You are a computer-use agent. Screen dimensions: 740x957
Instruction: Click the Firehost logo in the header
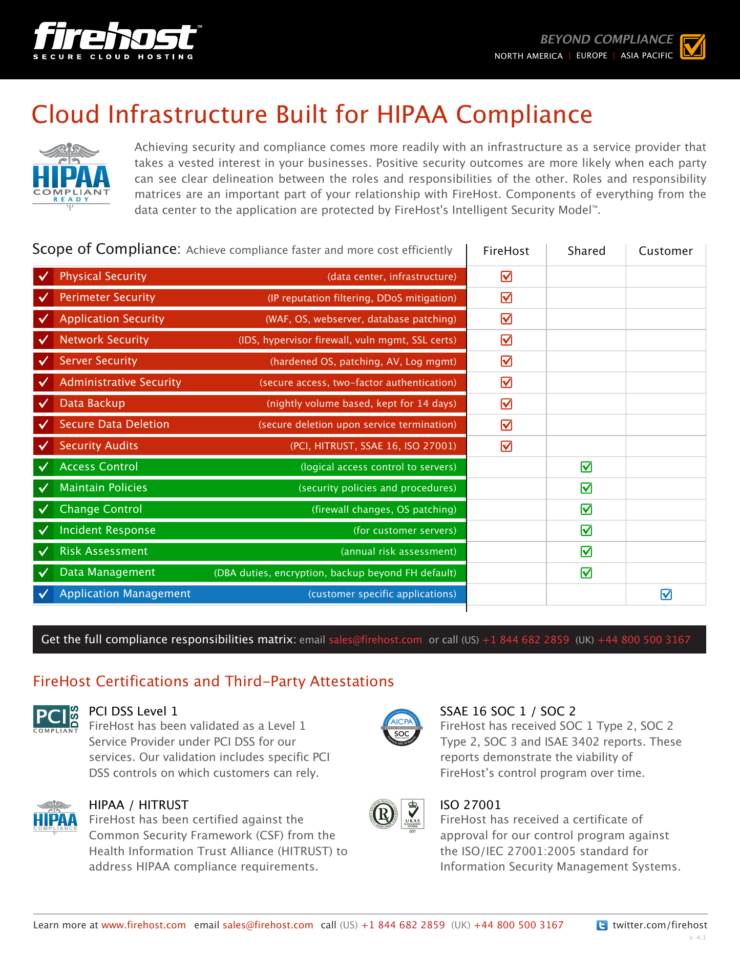pyautogui.click(x=117, y=41)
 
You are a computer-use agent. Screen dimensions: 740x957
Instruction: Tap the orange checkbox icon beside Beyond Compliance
pyautogui.click(x=693, y=47)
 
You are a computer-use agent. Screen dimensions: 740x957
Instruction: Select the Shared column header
pyautogui.click(x=586, y=251)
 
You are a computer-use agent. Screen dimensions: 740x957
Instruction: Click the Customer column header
pyautogui.click(x=666, y=251)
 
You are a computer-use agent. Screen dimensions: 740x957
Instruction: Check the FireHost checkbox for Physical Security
pyautogui.click(x=506, y=276)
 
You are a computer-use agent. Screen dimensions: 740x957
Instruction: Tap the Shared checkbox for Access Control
pyautogui.click(x=586, y=467)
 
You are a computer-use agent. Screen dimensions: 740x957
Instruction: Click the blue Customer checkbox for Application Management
pyautogui.click(x=666, y=594)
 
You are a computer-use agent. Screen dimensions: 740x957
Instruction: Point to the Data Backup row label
pyautogui.click(x=92, y=403)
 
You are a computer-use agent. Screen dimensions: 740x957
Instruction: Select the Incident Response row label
pyautogui.click(x=108, y=530)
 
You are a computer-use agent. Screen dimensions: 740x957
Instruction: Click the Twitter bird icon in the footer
pyautogui.click(x=602, y=925)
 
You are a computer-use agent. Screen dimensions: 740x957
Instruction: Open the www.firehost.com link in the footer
pyautogui.click(x=143, y=925)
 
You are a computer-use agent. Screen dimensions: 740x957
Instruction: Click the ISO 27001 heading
pyautogui.click(x=471, y=805)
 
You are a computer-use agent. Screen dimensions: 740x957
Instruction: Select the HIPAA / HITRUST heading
pyautogui.click(x=139, y=805)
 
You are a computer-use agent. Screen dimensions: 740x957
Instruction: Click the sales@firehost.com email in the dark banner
pyautogui.click(x=375, y=640)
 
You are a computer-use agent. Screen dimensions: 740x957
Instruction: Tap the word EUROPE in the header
pyautogui.click(x=591, y=56)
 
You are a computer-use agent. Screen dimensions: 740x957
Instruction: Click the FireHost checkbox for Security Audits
pyautogui.click(x=506, y=446)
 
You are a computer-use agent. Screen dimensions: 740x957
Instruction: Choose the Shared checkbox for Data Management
pyautogui.click(x=586, y=573)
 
